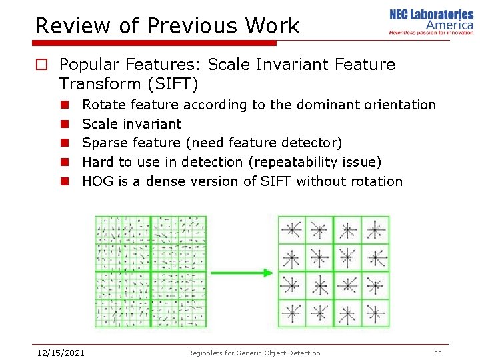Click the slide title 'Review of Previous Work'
167,26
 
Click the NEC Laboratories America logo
431,21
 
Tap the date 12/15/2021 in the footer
60,353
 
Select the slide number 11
438,353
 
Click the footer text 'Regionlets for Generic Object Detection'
254,353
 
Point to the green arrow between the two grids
241,273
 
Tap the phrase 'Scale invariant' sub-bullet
131,124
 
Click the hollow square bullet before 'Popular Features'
41,65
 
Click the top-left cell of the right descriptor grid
291,230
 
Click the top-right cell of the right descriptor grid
375,230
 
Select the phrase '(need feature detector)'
263,143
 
